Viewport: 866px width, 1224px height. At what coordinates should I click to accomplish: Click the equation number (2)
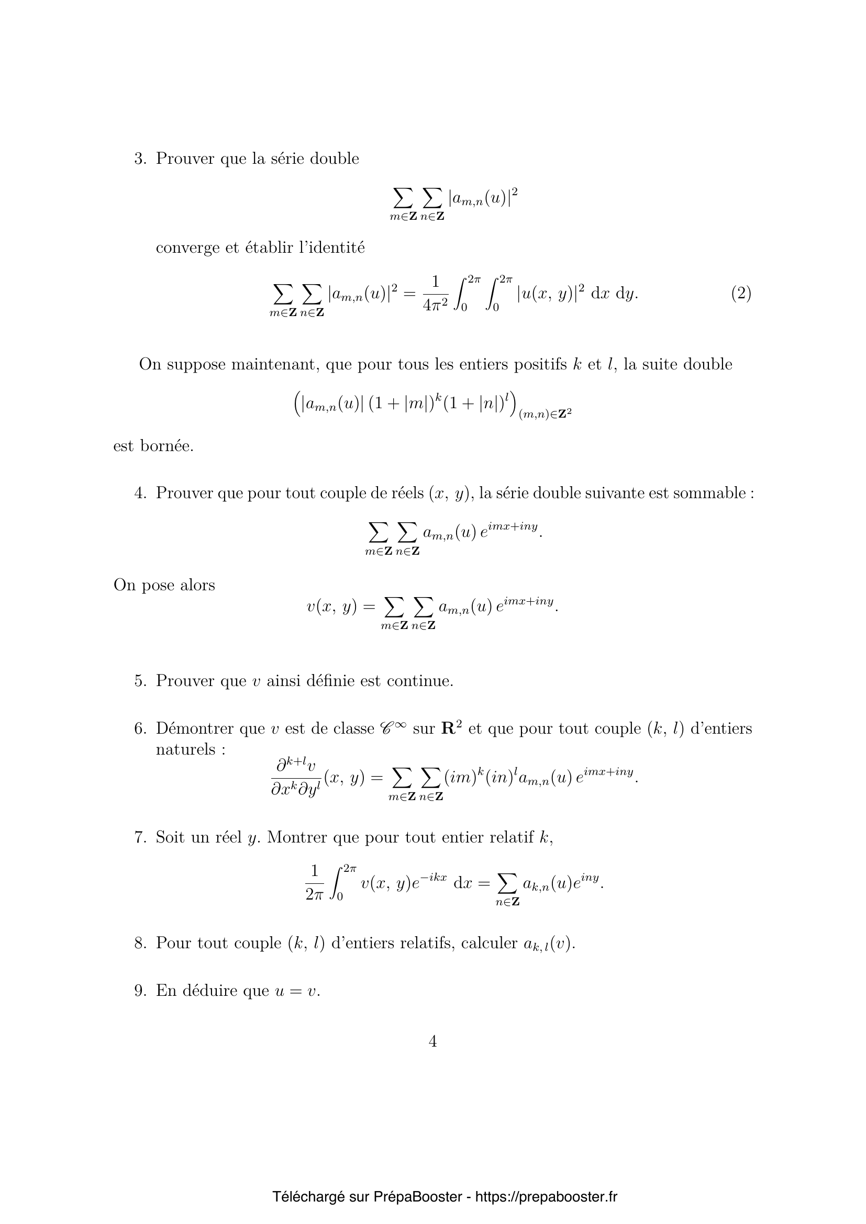[741, 293]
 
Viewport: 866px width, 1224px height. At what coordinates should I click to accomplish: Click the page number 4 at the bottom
[432, 1041]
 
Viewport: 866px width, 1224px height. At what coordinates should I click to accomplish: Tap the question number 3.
[140, 159]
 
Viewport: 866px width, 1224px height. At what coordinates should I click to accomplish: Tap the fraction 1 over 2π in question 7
[314, 883]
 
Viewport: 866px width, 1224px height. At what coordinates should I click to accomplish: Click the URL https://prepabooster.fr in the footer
[546, 1197]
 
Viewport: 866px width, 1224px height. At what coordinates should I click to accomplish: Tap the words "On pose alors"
[164, 585]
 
